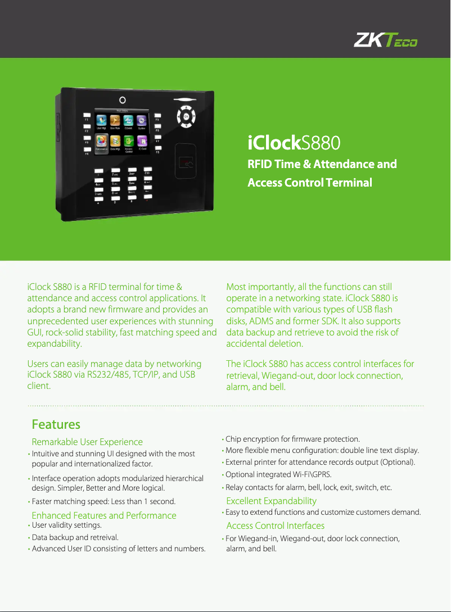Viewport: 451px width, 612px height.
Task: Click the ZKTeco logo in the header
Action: pyautogui.click(x=385, y=40)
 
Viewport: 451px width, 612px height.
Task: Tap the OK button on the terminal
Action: pyautogui.click(x=187, y=116)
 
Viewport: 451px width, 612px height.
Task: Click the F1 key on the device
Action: pyautogui.click(x=87, y=116)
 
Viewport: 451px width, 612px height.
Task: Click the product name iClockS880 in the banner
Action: pyautogui.click(x=294, y=143)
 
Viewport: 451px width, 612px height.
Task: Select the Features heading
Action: pyautogui.click(x=56, y=424)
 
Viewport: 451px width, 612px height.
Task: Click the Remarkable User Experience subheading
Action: pyautogui.click(x=87, y=442)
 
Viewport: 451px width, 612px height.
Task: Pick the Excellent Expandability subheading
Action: pyautogui.click(x=271, y=501)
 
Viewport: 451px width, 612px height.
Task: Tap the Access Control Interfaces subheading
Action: pyautogui.click(x=275, y=525)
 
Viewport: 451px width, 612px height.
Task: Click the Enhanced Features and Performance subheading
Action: pyautogui.click(x=104, y=515)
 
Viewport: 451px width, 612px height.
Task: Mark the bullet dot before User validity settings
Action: pyautogui.click(x=29, y=525)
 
